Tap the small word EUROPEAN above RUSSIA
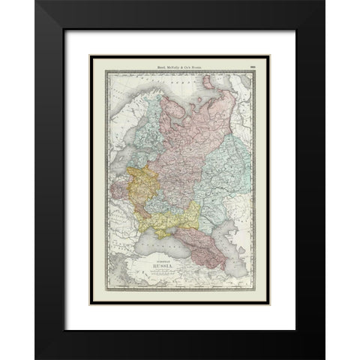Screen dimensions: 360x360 pyautogui.click(x=163, y=258)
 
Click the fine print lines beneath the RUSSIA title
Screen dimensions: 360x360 pyautogui.click(x=163, y=274)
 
